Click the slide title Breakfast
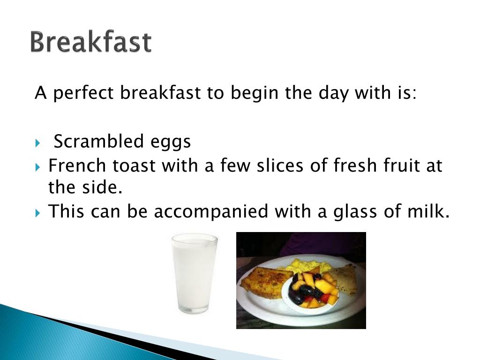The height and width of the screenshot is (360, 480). pyautogui.click(x=91, y=42)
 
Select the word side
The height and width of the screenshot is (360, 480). pyautogui.click(x=106, y=187)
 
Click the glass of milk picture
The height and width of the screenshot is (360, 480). pyautogui.click(x=194, y=273)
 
